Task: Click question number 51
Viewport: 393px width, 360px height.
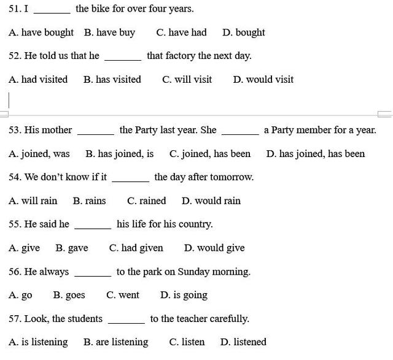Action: pyautogui.click(x=15, y=9)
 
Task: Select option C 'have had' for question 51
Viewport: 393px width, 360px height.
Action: pyautogui.click(x=181, y=33)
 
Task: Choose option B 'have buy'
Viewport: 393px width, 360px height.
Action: pyautogui.click(x=109, y=33)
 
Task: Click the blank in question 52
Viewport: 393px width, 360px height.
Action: pyautogui.click(x=123, y=56)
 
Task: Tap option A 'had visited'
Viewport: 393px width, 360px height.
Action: pyautogui.click(x=38, y=79)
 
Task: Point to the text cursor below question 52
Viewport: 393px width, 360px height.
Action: pyautogui.click(x=9, y=99)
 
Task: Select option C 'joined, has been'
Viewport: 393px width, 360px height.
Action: pyautogui.click(x=210, y=153)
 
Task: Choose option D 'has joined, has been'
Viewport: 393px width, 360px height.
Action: pyautogui.click(x=315, y=153)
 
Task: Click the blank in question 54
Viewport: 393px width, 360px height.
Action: pyautogui.click(x=130, y=178)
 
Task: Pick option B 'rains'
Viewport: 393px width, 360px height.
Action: pyautogui.click(x=89, y=201)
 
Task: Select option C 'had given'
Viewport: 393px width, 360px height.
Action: pyautogui.click(x=136, y=248)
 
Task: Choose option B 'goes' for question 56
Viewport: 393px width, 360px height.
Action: pyautogui.click(x=69, y=295)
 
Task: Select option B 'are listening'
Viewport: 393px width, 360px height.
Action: pyautogui.click(x=115, y=342)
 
